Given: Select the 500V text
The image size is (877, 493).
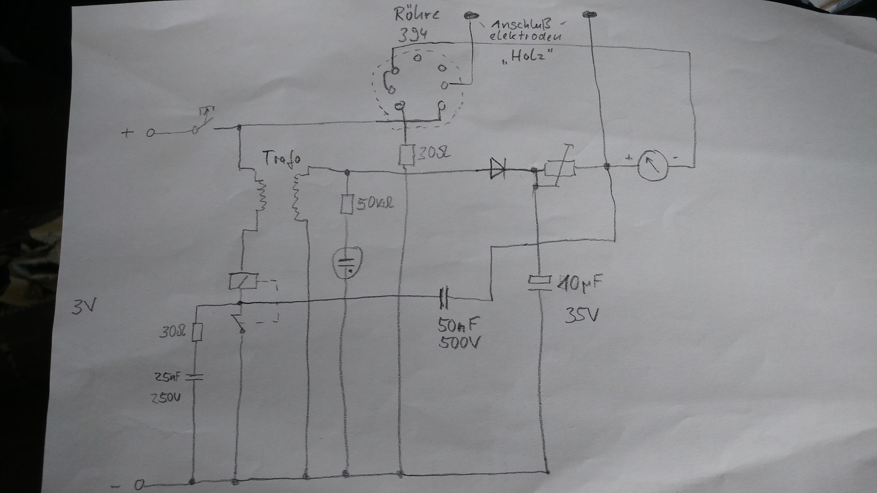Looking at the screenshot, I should (x=460, y=343).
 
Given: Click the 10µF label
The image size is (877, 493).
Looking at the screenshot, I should (x=578, y=285).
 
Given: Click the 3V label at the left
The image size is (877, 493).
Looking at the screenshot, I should (x=82, y=307).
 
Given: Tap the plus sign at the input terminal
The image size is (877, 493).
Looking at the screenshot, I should (x=126, y=133).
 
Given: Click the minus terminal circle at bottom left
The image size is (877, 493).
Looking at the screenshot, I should (x=140, y=485).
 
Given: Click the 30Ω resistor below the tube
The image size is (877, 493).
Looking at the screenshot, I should (x=406, y=156).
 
